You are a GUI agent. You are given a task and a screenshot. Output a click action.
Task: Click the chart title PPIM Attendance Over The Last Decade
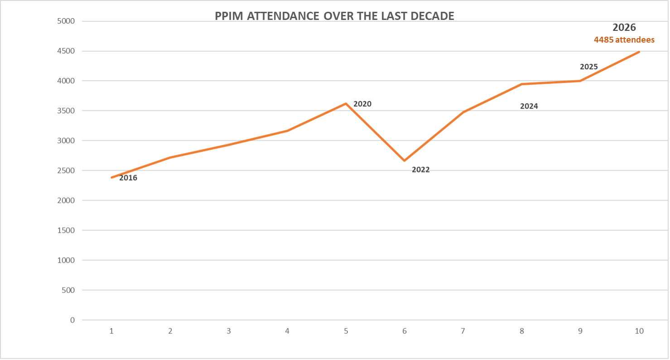[335, 16]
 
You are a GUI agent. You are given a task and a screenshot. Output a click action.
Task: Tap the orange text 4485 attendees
[624, 40]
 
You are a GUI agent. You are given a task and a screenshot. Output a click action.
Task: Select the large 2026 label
[624, 28]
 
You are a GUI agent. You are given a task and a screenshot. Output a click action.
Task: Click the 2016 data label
[128, 178]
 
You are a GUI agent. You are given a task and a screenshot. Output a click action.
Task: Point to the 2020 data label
[362, 104]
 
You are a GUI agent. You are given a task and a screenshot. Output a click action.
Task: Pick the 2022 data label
[420, 170]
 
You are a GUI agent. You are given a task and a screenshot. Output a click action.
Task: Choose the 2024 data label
[529, 106]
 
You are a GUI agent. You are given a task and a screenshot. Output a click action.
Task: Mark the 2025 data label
[589, 67]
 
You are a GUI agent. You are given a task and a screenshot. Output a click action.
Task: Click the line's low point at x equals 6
[404, 161]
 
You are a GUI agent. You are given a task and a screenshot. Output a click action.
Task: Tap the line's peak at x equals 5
[346, 104]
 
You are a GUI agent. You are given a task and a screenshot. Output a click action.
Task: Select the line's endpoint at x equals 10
[639, 52]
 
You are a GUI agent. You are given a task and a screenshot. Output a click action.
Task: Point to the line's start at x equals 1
[111, 178]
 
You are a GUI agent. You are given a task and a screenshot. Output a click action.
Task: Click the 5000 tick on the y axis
[66, 21]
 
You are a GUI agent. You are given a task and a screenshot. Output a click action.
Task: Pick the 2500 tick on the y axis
[66, 171]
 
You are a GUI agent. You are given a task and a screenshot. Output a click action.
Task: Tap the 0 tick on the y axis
[72, 320]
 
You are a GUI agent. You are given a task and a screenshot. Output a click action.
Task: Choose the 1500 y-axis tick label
[66, 230]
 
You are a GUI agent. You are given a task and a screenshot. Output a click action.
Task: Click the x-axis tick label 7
[463, 331]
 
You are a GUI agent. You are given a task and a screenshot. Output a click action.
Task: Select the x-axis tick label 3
[229, 331]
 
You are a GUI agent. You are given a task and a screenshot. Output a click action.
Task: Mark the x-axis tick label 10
[639, 331]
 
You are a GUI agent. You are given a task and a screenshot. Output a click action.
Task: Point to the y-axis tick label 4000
[66, 81]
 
